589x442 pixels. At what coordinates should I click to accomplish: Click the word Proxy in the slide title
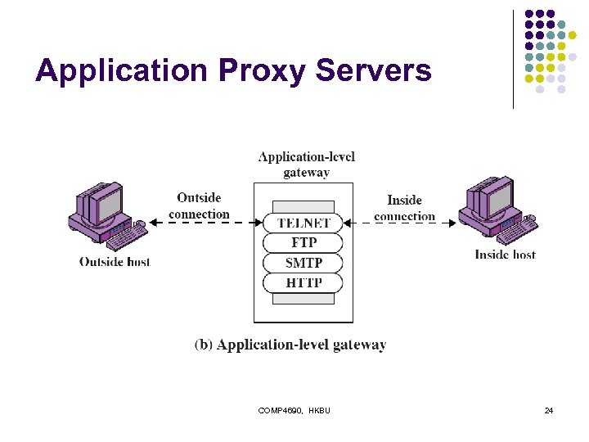tap(262, 71)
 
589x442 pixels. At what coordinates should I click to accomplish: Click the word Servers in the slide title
tap(373, 71)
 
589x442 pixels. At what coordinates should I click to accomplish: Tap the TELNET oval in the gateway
tap(303, 223)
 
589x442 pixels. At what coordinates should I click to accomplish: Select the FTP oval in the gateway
tap(303, 243)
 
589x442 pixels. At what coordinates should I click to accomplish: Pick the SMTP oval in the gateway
tap(303, 263)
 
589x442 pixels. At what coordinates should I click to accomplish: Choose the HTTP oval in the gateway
tap(303, 283)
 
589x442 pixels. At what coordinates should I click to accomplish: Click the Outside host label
tap(115, 262)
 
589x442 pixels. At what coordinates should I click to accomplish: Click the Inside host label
tap(505, 255)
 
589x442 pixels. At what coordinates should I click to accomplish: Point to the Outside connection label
tap(199, 205)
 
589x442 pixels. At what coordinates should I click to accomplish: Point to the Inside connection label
tap(404, 208)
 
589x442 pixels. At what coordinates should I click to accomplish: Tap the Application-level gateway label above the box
tap(306, 165)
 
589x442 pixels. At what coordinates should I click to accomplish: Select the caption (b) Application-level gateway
tap(290, 345)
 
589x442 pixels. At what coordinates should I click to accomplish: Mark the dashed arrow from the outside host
tap(205, 223)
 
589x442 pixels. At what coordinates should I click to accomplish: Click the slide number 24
tap(548, 410)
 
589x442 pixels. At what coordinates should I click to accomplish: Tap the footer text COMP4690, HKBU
tap(294, 410)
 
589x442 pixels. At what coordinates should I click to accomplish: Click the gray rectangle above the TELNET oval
tap(303, 206)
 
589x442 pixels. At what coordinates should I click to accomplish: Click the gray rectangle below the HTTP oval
tap(303, 299)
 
